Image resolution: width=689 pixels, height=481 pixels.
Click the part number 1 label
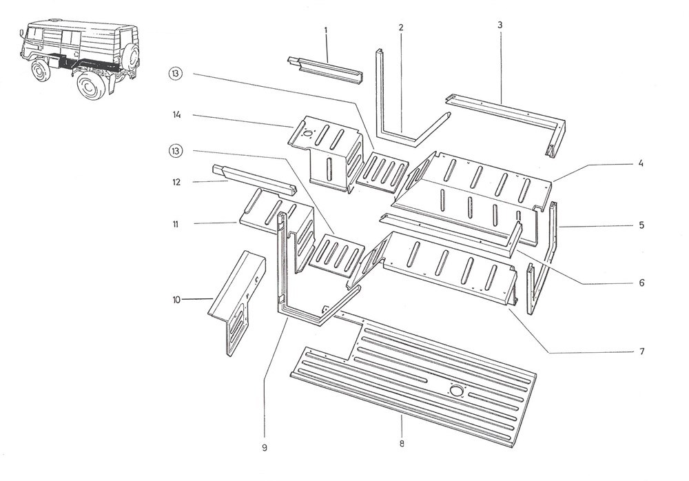click(x=325, y=30)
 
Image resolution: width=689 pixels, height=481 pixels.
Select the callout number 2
click(x=400, y=28)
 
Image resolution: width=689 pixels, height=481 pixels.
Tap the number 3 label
click(x=500, y=25)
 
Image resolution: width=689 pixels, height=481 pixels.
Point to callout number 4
click(x=640, y=164)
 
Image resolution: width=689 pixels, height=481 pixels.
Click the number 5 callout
click(x=640, y=225)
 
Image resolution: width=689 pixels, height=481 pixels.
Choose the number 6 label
click(x=640, y=283)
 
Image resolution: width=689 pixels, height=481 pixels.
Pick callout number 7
click(x=640, y=351)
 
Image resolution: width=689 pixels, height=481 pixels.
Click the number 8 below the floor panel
click(x=401, y=443)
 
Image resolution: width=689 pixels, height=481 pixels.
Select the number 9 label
click(x=264, y=448)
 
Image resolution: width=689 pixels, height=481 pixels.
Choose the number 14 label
click(x=177, y=115)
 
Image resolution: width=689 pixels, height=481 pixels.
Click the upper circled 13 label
click(x=176, y=74)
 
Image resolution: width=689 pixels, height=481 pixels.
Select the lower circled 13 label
click(x=176, y=150)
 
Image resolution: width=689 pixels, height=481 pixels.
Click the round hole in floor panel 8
click(x=455, y=391)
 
